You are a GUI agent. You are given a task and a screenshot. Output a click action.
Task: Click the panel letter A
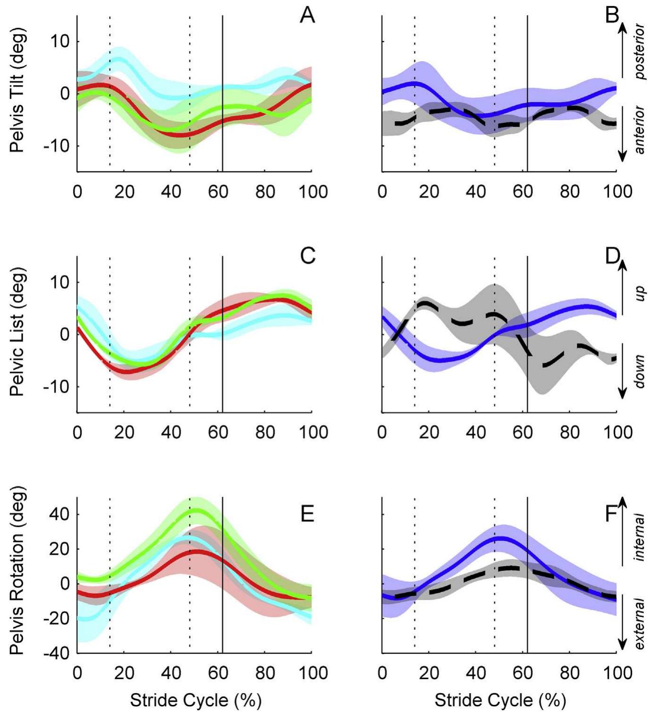pyautogui.click(x=307, y=16)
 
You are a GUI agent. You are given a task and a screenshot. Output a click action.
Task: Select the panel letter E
pyautogui.click(x=307, y=514)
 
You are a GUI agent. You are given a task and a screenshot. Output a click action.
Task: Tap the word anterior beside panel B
pyautogui.click(x=640, y=130)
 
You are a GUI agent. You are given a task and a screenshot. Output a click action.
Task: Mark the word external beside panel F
pyautogui.click(x=640, y=624)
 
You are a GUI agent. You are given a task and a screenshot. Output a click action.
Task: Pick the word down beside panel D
pyautogui.click(x=640, y=372)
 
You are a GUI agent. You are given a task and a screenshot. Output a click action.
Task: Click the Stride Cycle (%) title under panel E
pyautogui.click(x=196, y=700)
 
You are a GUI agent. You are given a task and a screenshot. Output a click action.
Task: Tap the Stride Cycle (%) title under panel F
pyautogui.click(x=500, y=700)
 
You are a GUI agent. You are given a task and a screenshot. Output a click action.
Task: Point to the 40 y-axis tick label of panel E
pyautogui.click(x=59, y=514)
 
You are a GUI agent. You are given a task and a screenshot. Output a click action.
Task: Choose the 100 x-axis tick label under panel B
pyautogui.click(x=617, y=192)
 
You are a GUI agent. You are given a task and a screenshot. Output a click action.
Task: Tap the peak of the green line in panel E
pyautogui.click(x=197, y=510)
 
